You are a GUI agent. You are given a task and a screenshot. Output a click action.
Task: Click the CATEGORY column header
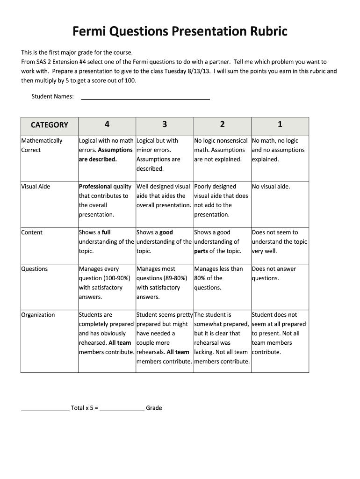(x=49, y=125)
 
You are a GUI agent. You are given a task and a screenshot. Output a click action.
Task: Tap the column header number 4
(x=107, y=124)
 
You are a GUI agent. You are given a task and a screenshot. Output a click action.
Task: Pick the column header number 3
(x=165, y=124)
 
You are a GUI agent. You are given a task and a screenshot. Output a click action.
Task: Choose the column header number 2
(x=222, y=124)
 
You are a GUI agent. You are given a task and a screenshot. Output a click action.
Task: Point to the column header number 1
(x=280, y=124)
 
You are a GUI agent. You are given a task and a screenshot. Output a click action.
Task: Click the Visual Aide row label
(x=36, y=187)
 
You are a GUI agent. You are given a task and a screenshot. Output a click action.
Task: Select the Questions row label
(x=35, y=269)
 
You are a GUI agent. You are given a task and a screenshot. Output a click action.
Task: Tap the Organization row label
(x=38, y=315)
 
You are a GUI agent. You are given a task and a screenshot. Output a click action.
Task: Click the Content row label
(x=32, y=232)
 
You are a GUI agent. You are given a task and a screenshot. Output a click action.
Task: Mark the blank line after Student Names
(x=145, y=97)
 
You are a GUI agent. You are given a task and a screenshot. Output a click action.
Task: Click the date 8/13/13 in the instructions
(x=199, y=71)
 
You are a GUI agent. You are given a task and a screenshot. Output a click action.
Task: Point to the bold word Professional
(x=95, y=187)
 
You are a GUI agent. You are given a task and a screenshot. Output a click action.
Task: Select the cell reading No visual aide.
(x=271, y=187)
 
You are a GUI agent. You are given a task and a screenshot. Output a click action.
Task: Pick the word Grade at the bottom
(x=154, y=408)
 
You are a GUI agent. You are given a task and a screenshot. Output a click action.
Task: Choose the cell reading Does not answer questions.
(x=274, y=274)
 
